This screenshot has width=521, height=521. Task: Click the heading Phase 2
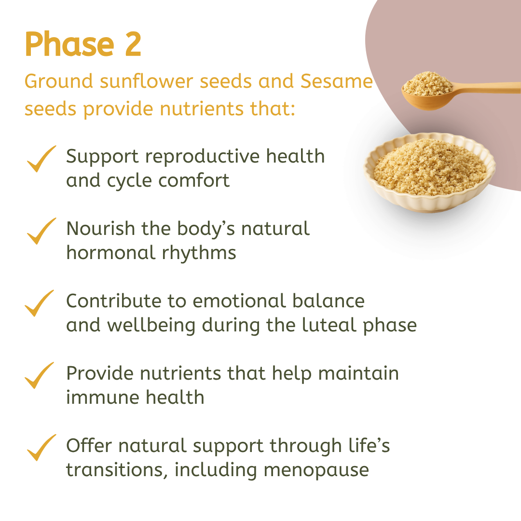tap(83, 45)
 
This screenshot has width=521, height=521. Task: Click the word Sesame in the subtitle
tap(336, 82)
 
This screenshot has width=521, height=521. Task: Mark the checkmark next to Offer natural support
tap(41, 449)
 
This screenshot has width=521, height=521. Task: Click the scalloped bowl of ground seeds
tap(429, 174)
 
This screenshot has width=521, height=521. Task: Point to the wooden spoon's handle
tap(487, 88)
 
